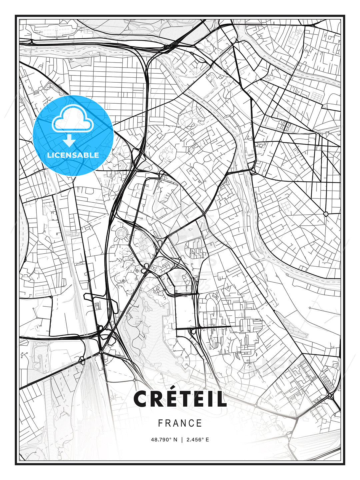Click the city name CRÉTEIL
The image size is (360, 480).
pyautogui.click(x=180, y=399)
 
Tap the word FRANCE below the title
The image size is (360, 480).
pyautogui.click(x=180, y=423)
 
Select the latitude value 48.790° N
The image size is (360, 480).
pyautogui.click(x=164, y=440)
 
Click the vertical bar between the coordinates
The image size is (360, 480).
pyautogui.click(x=182, y=440)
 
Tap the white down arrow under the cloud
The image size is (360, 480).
pyautogui.click(x=69, y=141)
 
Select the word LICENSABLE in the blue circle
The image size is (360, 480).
pyautogui.click(x=73, y=155)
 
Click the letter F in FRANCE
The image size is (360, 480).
pyautogui.click(x=160, y=423)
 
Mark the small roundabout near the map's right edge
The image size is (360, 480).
pyautogui.click(x=326, y=214)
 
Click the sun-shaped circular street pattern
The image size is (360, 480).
pyautogui.click(x=121, y=233)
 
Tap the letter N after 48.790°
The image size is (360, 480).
pyautogui.click(x=176, y=440)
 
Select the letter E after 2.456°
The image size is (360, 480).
pyautogui.click(x=207, y=440)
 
